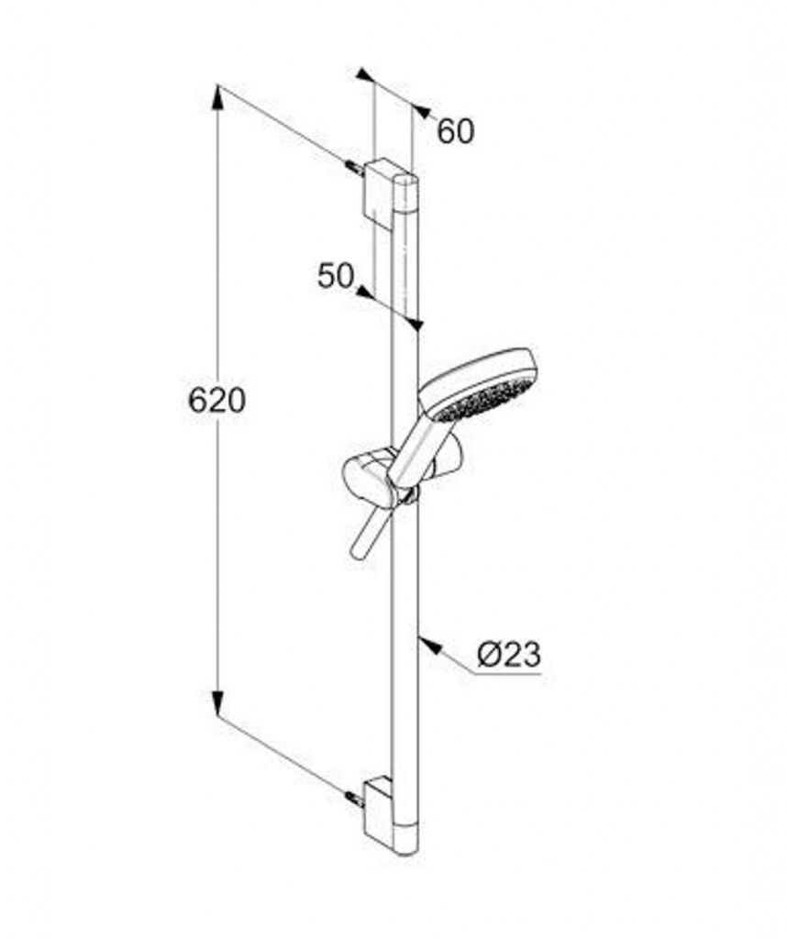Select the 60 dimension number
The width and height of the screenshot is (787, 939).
click(x=455, y=131)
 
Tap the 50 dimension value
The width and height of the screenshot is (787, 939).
click(x=335, y=275)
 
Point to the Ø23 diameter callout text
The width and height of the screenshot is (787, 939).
click(x=509, y=654)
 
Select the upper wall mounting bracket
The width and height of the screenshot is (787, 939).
click(x=377, y=189)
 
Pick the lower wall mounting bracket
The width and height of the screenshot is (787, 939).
click(x=377, y=808)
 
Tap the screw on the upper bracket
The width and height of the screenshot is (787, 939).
click(x=353, y=168)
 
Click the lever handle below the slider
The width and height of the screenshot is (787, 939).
click(x=366, y=535)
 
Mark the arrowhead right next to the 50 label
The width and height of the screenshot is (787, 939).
click(x=364, y=293)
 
